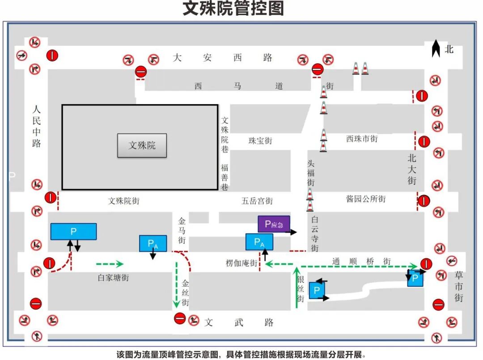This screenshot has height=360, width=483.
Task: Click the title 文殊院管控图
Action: (x=233, y=9)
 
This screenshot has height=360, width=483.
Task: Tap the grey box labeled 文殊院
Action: (x=142, y=145)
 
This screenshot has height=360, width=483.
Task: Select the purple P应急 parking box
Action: (x=274, y=224)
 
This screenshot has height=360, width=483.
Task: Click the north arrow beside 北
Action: (x=436, y=49)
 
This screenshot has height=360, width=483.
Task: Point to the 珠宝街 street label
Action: (x=260, y=141)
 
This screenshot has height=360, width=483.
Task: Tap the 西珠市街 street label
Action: (x=362, y=139)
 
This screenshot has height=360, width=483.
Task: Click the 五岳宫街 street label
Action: (x=257, y=201)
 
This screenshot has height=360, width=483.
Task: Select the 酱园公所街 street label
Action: (x=365, y=199)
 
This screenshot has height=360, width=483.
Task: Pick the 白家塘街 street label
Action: (x=113, y=278)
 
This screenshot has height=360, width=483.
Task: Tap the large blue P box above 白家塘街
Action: (x=73, y=231)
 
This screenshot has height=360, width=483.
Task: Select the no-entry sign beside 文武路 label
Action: (x=180, y=318)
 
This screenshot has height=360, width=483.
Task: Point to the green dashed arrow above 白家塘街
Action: (x=110, y=263)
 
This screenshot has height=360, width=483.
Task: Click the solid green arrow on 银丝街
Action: (x=296, y=287)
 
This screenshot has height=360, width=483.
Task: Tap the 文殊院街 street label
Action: (x=123, y=201)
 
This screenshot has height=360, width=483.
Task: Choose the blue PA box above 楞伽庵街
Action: (x=259, y=242)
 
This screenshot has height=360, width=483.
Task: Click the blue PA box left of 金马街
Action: (x=153, y=244)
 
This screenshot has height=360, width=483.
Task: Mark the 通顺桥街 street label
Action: (x=361, y=262)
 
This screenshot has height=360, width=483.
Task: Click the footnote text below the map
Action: (x=241, y=355)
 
